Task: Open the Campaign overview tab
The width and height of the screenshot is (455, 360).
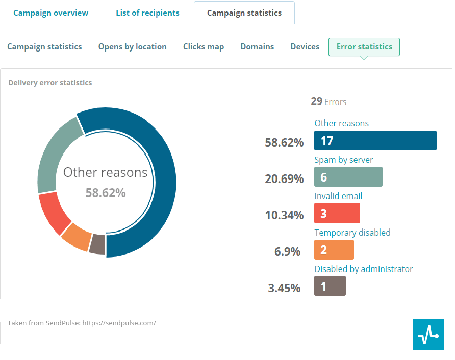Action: pyautogui.click(x=50, y=13)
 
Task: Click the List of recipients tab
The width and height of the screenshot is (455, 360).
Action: pyautogui.click(x=147, y=13)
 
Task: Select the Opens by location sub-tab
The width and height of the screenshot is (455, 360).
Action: pyautogui.click(x=132, y=46)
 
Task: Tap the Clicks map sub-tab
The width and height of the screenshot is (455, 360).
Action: pyautogui.click(x=204, y=46)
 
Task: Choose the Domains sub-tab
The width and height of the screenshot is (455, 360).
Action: pyautogui.click(x=257, y=46)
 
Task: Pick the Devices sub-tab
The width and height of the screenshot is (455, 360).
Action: pyautogui.click(x=305, y=46)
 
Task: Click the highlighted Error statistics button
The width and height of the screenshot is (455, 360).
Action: pyautogui.click(x=364, y=46)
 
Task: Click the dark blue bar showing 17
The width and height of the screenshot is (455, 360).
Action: pyautogui.click(x=375, y=140)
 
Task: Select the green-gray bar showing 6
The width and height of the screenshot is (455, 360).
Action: pyautogui.click(x=348, y=177)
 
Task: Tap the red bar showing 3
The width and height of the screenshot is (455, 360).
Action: pyautogui.click(x=337, y=213)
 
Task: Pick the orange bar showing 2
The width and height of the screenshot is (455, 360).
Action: pyautogui.click(x=334, y=250)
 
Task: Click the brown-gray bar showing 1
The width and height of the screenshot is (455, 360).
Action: pyautogui.click(x=330, y=286)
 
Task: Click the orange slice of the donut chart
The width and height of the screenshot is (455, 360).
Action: pyautogui.click(x=76, y=237)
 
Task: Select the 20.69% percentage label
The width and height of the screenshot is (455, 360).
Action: pyautogui.click(x=284, y=179)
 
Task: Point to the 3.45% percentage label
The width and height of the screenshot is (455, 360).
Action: pyautogui.click(x=284, y=288)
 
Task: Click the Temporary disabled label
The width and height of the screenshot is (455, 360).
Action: pyautogui.click(x=352, y=233)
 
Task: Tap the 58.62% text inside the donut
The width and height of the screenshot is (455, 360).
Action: pyautogui.click(x=105, y=193)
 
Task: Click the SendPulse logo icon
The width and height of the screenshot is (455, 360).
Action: pyautogui.click(x=428, y=335)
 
